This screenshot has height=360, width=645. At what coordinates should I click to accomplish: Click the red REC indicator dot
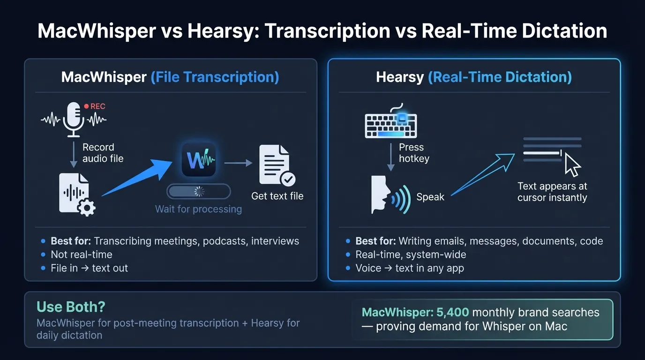point(86,106)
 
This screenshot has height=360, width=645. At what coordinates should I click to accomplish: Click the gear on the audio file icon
point(87,208)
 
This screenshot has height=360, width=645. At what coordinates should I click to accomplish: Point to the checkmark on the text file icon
point(287,179)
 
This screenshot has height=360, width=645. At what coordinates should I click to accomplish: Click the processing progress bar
point(199,191)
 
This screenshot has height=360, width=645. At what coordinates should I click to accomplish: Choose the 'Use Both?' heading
point(71,307)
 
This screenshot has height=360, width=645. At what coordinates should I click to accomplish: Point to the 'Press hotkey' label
point(413,153)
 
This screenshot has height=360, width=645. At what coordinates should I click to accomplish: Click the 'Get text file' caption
point(277,196)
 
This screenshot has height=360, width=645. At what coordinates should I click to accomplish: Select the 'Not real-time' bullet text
point(82,255)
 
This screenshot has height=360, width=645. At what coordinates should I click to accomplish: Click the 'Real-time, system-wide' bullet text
point(411,255)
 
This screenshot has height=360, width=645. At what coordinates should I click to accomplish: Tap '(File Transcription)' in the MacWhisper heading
point(215,77)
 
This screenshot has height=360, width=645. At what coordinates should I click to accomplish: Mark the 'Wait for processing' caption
point(198,209)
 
